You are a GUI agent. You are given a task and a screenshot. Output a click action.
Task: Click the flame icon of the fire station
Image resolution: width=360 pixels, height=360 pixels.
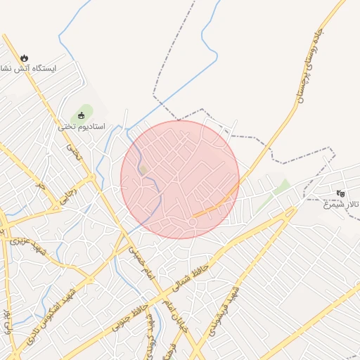pos(25,58)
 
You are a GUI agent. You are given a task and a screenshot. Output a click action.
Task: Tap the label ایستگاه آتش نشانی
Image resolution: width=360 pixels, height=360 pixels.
pos(32,69)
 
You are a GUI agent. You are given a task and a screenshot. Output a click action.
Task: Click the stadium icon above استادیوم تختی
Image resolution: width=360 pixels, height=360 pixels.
pos(82,115)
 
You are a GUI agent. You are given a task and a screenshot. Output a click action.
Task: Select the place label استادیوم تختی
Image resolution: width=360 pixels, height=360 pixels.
pos(82,127)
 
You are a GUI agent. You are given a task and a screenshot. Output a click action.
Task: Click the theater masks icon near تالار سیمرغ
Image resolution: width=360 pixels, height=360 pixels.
pos(341,193)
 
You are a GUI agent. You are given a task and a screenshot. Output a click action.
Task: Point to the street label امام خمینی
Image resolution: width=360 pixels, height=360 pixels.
pos(140,261)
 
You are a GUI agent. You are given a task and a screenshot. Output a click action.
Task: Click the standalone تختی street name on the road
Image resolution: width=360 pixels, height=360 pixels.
pos(75,151)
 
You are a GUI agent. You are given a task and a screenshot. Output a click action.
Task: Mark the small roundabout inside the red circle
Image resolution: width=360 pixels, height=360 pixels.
pos(191,222)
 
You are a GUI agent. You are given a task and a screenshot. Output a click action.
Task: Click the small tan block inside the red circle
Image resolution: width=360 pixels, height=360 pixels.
pos(143,169)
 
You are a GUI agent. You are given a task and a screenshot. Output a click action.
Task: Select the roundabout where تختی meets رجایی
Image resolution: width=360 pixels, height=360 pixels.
pos(92,177)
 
